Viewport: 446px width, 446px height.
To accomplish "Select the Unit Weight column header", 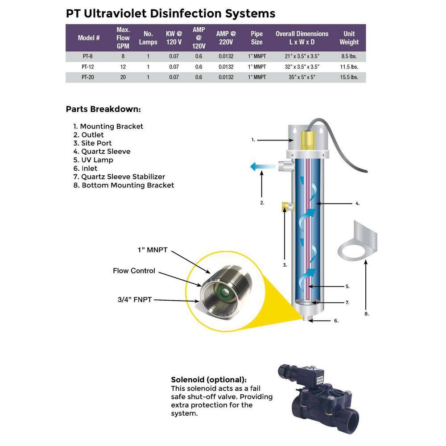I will (x=349, y=38).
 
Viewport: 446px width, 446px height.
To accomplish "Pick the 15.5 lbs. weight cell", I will (x=349, y=77).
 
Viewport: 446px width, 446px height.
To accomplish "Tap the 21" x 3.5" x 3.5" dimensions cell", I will (x=301, y=57).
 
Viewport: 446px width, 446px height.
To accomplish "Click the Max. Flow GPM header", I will (x=123, y=38).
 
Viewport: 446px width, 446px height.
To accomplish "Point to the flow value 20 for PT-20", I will (x=123, y=77).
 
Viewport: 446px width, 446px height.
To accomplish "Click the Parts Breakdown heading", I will (x=103, y=109).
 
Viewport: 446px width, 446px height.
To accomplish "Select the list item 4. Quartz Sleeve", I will (x=102, y=151).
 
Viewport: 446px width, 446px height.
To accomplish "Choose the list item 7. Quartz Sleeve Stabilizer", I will (x=119, y=177).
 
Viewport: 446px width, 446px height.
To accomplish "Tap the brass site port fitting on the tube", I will (x=285, y=206).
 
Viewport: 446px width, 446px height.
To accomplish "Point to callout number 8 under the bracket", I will (x=367, y=314).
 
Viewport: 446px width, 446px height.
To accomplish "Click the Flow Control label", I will (x=134, y=271).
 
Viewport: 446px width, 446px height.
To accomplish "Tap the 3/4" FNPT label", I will (x=134, y=300).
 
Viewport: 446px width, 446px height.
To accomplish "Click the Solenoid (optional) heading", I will (x=208, y=380).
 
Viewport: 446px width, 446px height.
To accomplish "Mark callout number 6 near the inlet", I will (x=336, y=321).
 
